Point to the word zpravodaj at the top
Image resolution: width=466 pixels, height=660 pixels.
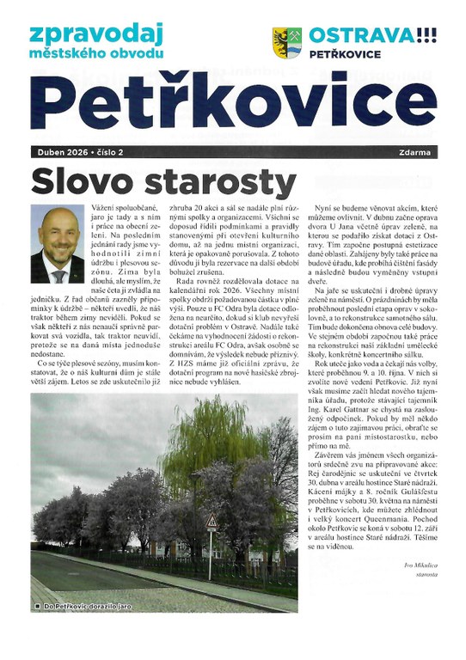[85, 34]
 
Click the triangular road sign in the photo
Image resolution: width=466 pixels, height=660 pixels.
[211, 522]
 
